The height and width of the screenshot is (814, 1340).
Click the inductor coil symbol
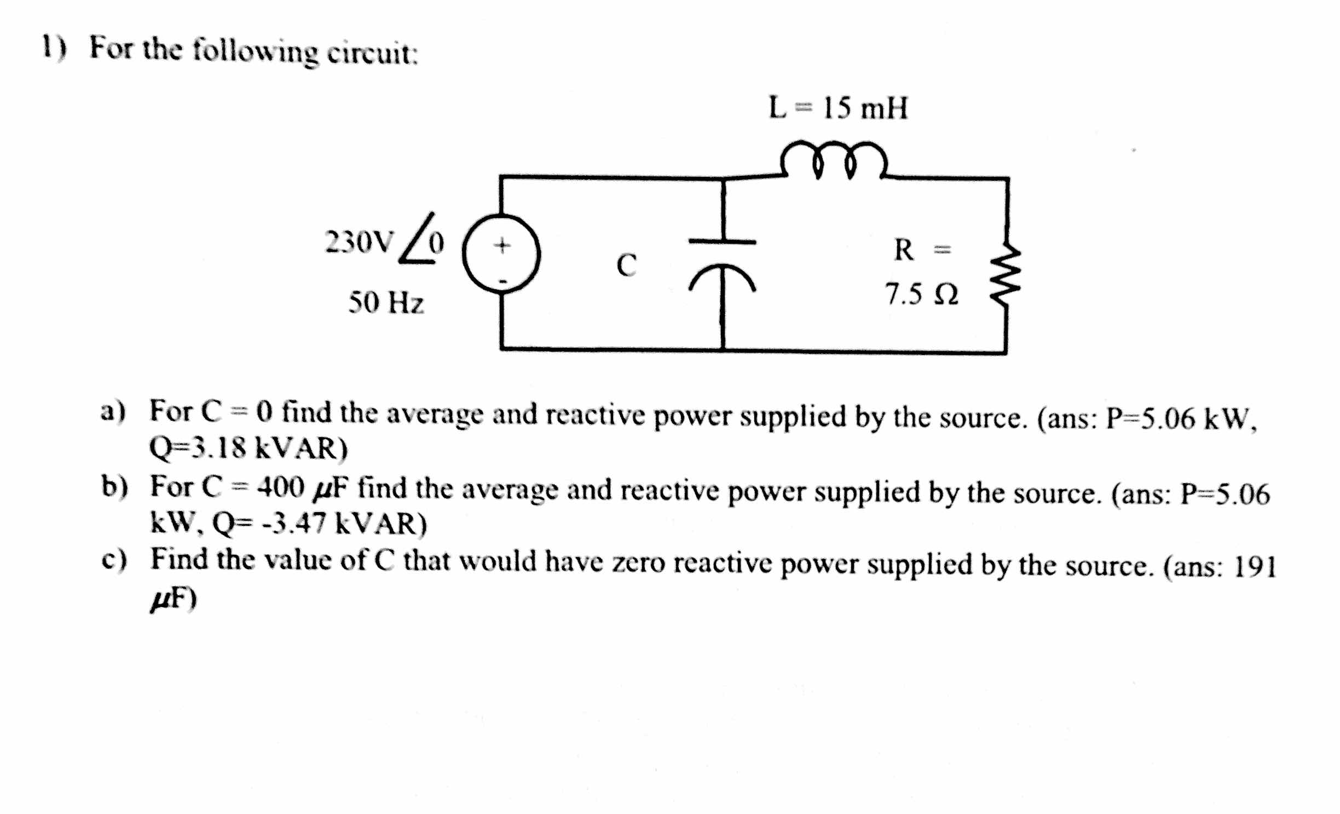pos(834,160)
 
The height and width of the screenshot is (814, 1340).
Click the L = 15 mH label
pos(838,108)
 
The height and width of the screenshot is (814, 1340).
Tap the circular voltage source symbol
pos(501,254)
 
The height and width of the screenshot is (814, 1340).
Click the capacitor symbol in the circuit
pos(723,263)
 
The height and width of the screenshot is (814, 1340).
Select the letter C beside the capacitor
pos(626,265)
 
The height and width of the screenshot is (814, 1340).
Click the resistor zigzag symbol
pos(1005,277)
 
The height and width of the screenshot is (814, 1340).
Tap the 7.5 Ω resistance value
pos(921,295)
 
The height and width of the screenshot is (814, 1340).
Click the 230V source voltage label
pos(359,242)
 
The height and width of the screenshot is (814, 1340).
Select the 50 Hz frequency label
pos(386,302)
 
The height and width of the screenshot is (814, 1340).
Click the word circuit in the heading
pos(372,54)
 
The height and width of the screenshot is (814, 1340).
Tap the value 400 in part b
pos(281,486)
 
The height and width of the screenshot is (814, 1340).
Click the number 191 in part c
pos(1255,567)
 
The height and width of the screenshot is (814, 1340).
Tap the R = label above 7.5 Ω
pos(921,250)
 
